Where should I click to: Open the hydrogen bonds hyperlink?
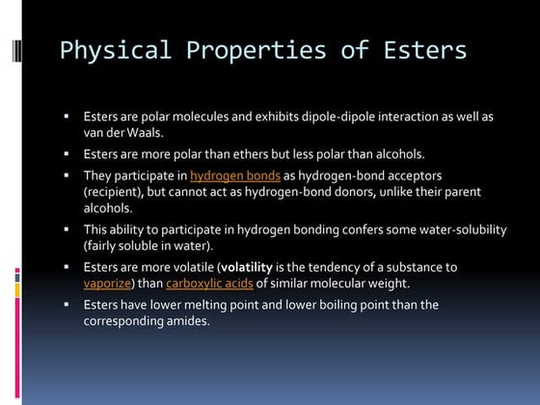point(235,175)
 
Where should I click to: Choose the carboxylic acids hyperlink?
point(209,283)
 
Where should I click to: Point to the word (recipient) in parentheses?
point(114,191)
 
